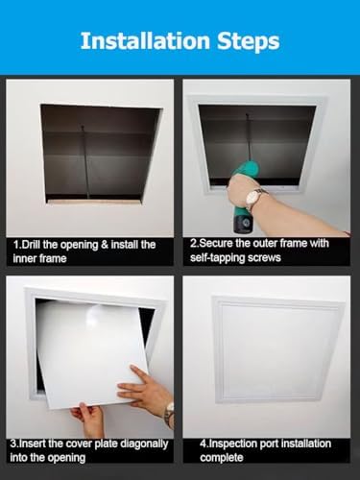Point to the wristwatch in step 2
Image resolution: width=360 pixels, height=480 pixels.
coord(256,198)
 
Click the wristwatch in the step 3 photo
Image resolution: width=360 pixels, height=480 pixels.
coord(169,414)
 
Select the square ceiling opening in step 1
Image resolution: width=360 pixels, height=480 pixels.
coord(98,149)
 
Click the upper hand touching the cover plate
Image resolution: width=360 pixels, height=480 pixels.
coord(144,389)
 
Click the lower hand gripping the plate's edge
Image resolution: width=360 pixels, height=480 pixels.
coord(90,418)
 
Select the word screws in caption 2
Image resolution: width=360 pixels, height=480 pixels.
coord(265,259)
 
